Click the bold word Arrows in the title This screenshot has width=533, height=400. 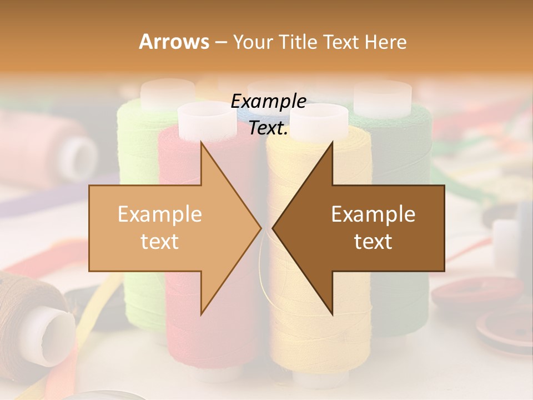coord(174,42)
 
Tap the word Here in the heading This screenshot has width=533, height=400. coord(385,42)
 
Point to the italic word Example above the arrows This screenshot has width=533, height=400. coord(268,102)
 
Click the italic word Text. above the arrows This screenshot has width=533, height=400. coord(268,128)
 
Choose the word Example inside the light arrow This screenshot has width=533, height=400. coord(160,214)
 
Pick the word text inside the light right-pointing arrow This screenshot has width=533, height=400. coord(160,241)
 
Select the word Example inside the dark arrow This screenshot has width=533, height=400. coord(373,214)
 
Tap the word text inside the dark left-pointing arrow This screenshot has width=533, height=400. coord(373,241)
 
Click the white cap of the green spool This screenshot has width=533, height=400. coord(167,93)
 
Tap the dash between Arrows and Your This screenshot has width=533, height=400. coord(220,42)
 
